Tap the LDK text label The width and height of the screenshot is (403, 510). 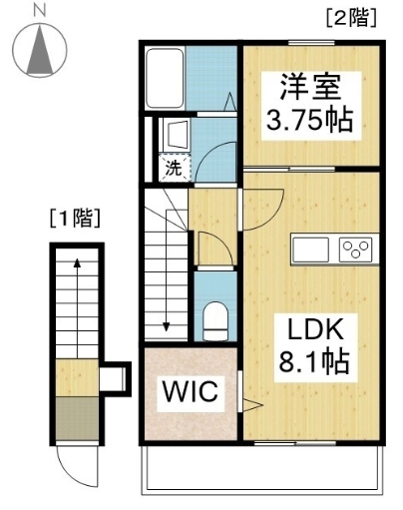click(316, 330)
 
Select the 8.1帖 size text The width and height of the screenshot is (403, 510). click(317, 362)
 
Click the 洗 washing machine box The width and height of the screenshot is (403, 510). click(174, 169)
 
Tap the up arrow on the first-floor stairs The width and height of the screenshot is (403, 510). click(76, 265)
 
